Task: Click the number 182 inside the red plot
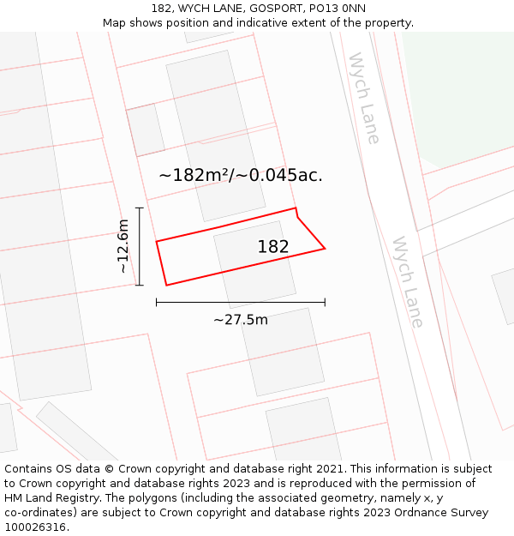(273, 247)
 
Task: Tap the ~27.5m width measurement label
(241, 320)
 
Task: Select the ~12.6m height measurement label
(123, 246)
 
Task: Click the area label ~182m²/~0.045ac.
(241, 175)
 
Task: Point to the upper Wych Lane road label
(364, 98)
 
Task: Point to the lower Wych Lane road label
(408, 282)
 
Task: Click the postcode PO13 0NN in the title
(343, 9)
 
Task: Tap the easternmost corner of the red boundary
(325, 249)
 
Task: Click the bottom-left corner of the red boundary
(166, 285)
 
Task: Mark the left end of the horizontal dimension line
(157, 302)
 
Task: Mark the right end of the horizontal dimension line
(325, 302)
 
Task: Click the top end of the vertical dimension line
(140, 208)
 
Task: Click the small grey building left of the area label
(146, 130)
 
